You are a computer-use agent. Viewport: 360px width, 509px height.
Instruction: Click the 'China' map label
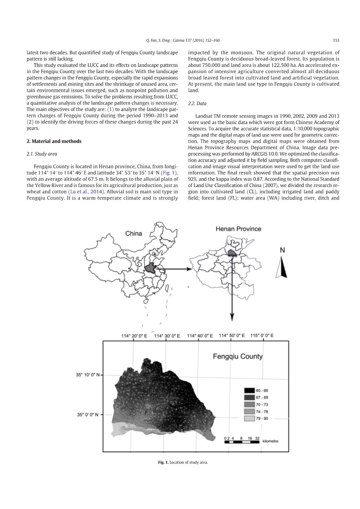[133, 234]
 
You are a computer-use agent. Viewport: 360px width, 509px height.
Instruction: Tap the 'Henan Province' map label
[238, 229]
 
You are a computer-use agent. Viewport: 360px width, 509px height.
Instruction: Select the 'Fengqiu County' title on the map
[237, 356]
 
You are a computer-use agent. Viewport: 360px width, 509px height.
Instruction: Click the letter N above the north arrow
[282, 250]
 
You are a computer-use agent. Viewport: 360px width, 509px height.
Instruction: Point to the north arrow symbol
[282, 268]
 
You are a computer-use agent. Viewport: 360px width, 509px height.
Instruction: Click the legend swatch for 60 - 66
[249, 390]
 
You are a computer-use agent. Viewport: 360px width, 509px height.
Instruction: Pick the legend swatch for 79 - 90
[249, 418]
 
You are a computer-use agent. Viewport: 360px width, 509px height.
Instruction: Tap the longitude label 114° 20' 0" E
[134, 336]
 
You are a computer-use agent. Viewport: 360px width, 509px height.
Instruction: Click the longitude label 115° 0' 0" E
[262, 335]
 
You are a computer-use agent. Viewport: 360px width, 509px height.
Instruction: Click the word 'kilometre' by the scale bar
[270, 441]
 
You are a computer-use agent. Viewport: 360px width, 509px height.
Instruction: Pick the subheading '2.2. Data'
[197, 103]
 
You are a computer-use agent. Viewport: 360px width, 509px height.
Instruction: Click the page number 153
[336, 40]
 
